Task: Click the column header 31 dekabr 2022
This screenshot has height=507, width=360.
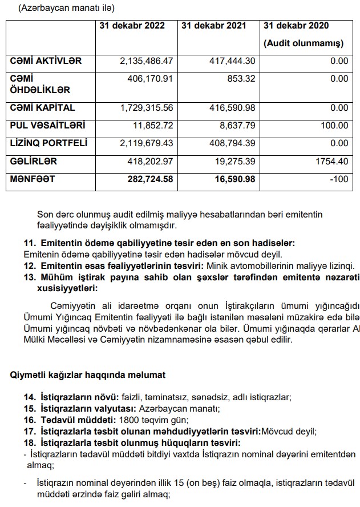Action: (132, 26)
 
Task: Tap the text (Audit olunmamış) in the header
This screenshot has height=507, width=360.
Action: (303, 43)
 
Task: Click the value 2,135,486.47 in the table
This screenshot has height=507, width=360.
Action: (146, 61)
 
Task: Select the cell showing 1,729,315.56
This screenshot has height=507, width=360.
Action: (146, 107)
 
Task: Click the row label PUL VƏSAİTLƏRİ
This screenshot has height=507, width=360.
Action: (48, 125)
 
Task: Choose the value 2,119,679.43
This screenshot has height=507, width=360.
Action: (146, 143)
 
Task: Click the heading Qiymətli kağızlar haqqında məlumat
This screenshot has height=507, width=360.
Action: (88, 375)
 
